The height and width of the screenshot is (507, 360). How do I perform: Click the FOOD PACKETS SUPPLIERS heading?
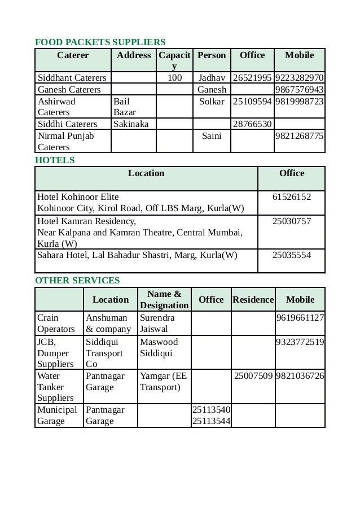click(100, 42)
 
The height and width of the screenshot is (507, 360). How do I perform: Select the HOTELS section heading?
click(55, 160)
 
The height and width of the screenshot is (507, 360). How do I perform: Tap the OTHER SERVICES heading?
click(77, 280)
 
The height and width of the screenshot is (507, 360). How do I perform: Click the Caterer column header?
click(73, 55)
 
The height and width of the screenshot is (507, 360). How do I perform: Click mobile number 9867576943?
click(299, 90)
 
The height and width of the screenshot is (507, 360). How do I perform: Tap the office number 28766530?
click(252, 124)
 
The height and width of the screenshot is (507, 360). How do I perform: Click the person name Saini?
click(212, 136)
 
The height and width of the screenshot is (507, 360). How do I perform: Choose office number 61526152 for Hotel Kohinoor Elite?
click(291, 197)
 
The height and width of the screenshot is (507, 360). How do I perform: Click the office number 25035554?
click(291, 255)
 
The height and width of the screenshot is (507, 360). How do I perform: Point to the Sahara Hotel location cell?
click(137, 255)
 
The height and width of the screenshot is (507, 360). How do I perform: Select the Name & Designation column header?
click(164, 299)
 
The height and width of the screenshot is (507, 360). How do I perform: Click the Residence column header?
click(253, 299)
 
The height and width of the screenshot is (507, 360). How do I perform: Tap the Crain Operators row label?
click(56, 323)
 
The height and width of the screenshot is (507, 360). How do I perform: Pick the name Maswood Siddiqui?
click(159, 347)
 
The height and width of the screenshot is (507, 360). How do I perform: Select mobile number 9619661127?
click(300, 318)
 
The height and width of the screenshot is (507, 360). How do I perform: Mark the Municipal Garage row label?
click(58, 415)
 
